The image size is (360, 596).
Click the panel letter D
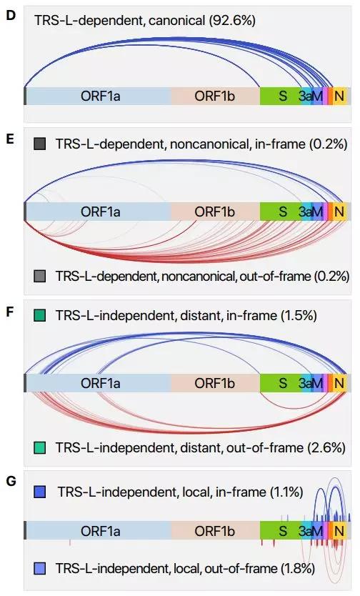[11, 16]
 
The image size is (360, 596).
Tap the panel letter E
[11, 139]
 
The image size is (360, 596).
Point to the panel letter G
[11, 481]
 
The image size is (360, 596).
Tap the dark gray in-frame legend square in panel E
[40, 144]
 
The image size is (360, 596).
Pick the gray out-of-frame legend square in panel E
[40, 276]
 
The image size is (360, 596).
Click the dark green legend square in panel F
[40, 315]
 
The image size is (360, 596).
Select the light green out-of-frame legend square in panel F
[40, 447]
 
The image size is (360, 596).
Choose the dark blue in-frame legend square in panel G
[40, 492]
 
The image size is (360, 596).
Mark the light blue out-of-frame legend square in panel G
[40, 569]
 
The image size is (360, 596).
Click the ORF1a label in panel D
[100, 96]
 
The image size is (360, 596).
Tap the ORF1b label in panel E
[214, 212]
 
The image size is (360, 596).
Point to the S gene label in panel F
[283, 383]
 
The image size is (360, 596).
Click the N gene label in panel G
[339, 531]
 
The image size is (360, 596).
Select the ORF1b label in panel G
[214, 531]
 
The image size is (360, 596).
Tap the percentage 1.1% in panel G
[286, 492]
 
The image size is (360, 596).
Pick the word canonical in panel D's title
[177, 20]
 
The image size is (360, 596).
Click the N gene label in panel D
[339, 96]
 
